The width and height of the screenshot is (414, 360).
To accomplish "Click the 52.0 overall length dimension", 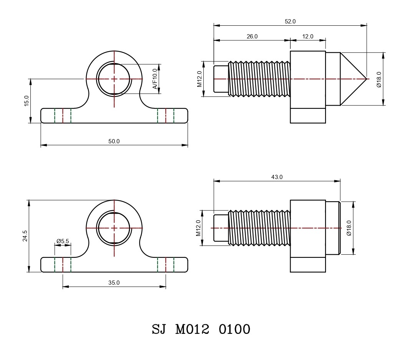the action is pyautogui.click(x=290, y=22).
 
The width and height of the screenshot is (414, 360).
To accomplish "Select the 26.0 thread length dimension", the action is pyautogui.click(x=252, y=36).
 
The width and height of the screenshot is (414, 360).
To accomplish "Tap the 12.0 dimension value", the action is pyautogui.click(x=308, y=36).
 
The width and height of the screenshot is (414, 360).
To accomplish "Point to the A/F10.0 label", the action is pyautogui.click(x=155, y=79).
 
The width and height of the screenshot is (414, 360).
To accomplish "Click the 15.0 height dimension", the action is pyautogui.click(x=27, y=101).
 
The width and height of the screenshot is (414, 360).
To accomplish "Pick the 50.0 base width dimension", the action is pyautogui.click(x=114, y=141).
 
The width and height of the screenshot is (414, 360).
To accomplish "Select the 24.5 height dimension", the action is pyautogui.click(x=25, y=236).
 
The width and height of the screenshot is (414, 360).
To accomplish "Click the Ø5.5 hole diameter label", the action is pyautogui.click(x=63, y=241).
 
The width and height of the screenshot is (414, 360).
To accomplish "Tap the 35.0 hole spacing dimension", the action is pyautogui.click(x=114, y=283).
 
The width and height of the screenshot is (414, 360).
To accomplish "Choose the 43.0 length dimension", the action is pyautogui.click(x=277, y=177).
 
